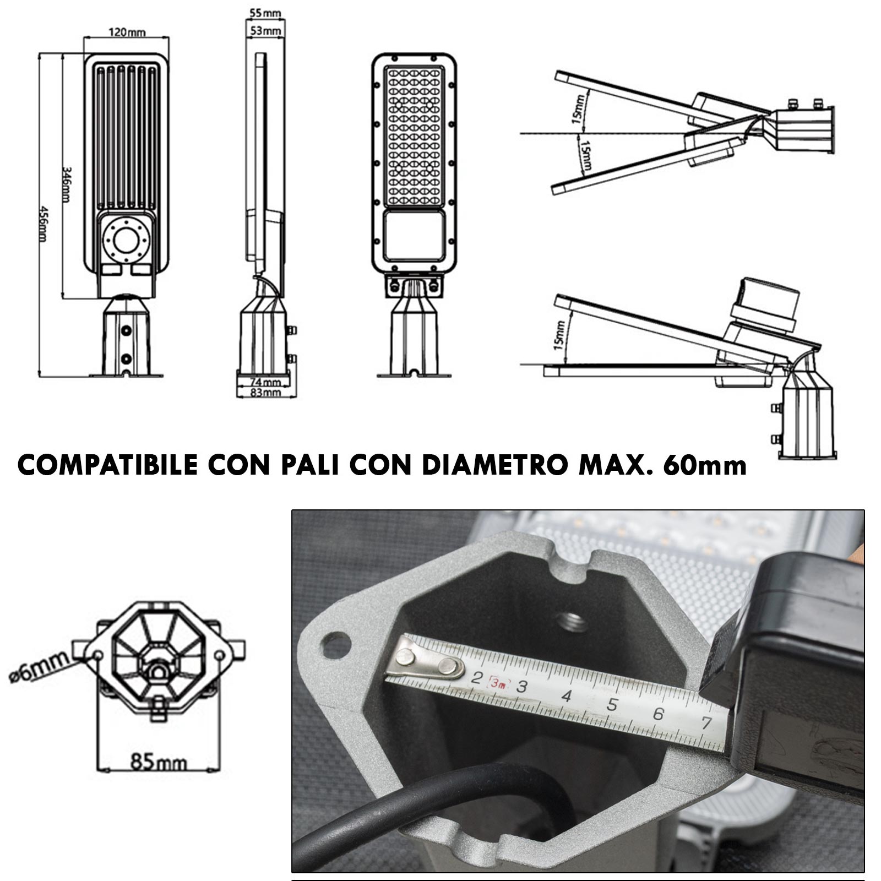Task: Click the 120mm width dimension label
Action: (x=127, y=32)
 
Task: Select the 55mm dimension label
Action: (x=264, y=13)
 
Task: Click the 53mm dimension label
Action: (x=265, y=31)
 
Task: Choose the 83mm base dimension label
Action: (x=265, y=392)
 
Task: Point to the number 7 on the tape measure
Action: (x=706, y=722)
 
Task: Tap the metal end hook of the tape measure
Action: (x=425, y=662)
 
